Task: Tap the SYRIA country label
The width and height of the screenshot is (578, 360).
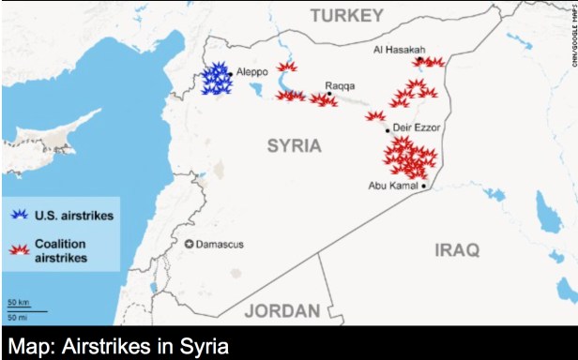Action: pyautogui.click(x=294, y=145)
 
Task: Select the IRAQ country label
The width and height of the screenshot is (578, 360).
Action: pyautogui.click(x=457, y=249)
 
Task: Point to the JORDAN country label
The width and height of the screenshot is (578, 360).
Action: pyautogui.click(x=281, y=311)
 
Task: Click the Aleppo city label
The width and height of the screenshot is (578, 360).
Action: pyautogui.click(x=252, y=72)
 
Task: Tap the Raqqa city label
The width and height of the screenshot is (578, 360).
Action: pyautogui.click(x=340, y=85)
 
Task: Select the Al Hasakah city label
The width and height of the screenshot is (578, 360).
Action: pyautogui.click(x=400, y=49)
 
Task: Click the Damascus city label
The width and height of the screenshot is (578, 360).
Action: pyautogui.click(x=222, y=245)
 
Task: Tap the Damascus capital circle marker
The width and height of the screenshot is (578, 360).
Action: pyautogui.click(x=190, y=245)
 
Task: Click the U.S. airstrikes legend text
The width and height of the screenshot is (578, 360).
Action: pyautogui.click(x=74, y=216)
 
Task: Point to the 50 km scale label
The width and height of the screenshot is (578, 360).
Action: pyautogui.click(x=17, y=303)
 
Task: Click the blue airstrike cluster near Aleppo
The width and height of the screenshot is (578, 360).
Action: pyautogui.click(x=217, y=79)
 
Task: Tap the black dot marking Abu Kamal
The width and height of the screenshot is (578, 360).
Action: pyautogui.click(x=424, y=186)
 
